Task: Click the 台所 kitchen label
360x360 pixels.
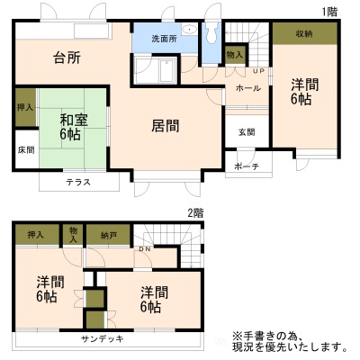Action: (67, 58)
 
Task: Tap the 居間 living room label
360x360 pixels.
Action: (166, 126)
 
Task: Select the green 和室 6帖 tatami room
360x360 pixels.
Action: (72, 130)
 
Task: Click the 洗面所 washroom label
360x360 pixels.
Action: (164, 39)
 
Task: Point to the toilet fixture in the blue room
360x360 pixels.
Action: (211, 32)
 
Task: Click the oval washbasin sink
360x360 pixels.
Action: (190, 30)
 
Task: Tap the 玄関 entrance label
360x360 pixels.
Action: (247, 132)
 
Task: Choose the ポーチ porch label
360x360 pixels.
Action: (247, 166)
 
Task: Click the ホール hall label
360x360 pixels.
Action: (248, 88)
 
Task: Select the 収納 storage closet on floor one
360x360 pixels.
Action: (305, 34)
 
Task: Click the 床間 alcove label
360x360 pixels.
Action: (26, 150)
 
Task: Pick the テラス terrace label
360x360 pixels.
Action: (78, 182)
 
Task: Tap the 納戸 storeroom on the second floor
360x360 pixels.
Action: (109, 235)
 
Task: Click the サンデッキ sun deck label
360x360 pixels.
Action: (103, 339)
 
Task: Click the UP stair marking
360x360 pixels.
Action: (259, 71)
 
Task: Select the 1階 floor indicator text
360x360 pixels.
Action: (329, 12)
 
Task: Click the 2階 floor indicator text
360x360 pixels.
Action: (195, 213)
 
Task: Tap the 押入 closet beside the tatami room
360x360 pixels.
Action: (25, 107)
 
